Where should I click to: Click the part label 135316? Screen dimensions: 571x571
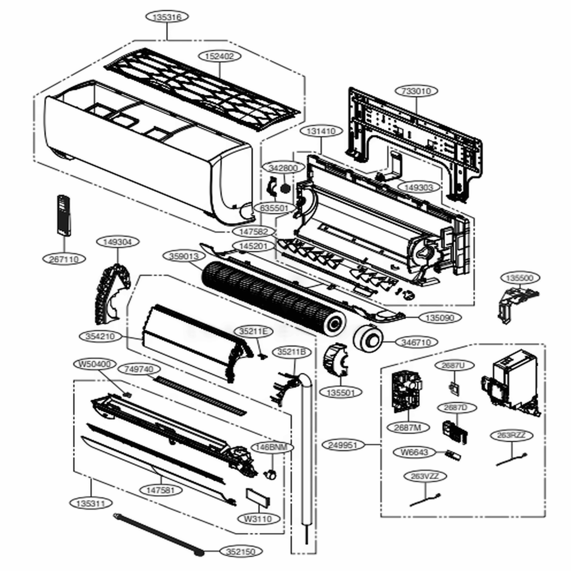167,17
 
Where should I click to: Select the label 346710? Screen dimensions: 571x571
420,342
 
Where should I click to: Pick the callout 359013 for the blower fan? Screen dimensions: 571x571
183,256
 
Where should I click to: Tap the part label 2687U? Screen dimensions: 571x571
454,365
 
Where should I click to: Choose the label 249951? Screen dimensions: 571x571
344,444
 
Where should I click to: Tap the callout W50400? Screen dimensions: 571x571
95,364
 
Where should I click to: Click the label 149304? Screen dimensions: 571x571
117,242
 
